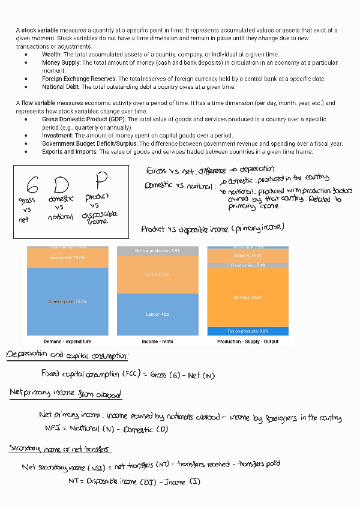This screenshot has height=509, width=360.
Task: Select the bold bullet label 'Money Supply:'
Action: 61,62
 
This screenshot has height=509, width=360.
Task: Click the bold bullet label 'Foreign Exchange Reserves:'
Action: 80,79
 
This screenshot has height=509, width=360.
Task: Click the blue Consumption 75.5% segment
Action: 67,301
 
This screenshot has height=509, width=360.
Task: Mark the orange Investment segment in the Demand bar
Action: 67,258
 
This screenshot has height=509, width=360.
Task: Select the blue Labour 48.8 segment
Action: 157,314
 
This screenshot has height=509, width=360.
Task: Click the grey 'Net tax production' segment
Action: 157,250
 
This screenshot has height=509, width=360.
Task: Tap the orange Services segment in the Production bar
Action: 247,298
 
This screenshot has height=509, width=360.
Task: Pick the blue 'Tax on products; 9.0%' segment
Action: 247,331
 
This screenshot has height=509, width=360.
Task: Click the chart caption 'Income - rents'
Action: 158,342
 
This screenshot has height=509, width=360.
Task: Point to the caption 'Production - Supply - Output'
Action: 247,342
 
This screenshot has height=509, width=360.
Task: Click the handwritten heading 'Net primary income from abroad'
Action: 65,394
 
